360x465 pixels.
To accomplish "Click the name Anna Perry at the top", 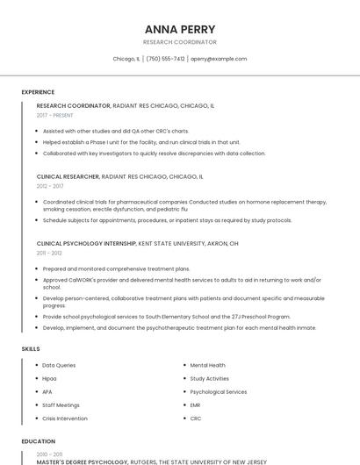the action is pyautogui.click(x=180, y=29).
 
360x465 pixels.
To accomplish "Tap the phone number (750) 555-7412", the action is pyautogui.click(x=165, y=59).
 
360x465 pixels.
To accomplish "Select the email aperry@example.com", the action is pyautogui.click(x=219, y=59).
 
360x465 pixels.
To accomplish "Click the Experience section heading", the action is pyautogui.click(x=38, y=92).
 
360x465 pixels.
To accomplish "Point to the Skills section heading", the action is pyautogui.click(x=31, y=349).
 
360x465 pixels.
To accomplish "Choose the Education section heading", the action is pyautogui.click(x=38, y=441).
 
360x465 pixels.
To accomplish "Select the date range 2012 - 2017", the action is pyautogui.click(x=50, y=186).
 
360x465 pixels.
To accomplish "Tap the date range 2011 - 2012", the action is pyautogui.click(x=49, y=253).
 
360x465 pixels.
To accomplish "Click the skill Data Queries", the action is pyautogui.click(x=59, y=365).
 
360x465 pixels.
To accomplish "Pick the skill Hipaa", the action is pyautogui.click(x=49, y=378).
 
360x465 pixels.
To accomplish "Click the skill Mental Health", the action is pyautogui.click(x=207, y=365).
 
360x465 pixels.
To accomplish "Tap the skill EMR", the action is pyautogui.click(x=195, y=405).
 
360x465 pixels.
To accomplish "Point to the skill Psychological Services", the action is pyautogui.click(x=218, y=391).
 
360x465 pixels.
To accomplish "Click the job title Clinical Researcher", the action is pyautogui.click(x=68, y=176).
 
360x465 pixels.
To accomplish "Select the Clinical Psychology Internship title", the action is pyautogui.click(x=86, y=243).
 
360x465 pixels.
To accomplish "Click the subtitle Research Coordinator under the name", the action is pyautogui.click(x=180, y=42).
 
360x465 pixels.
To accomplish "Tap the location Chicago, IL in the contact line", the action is pyautogui.click(x=126, y=59).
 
